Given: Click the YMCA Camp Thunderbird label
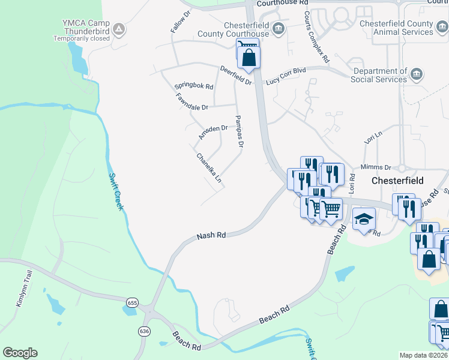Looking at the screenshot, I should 86,28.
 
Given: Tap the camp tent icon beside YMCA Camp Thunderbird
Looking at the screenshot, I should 119,28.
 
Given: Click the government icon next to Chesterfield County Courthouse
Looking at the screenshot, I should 278,28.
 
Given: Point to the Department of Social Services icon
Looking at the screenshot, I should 417,75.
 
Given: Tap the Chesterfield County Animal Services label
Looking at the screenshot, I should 396,28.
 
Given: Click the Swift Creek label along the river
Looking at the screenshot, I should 116,191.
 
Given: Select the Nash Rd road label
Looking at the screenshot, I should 211,236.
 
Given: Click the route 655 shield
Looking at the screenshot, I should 133,303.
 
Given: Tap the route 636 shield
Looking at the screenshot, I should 143,331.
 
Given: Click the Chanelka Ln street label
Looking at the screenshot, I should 209,168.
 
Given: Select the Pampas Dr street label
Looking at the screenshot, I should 240,132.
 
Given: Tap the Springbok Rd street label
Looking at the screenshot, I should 194,86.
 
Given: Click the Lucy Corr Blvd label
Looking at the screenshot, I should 286,75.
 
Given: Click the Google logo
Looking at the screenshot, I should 20,353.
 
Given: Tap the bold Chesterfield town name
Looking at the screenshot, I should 397,180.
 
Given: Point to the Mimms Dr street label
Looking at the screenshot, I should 376,167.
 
